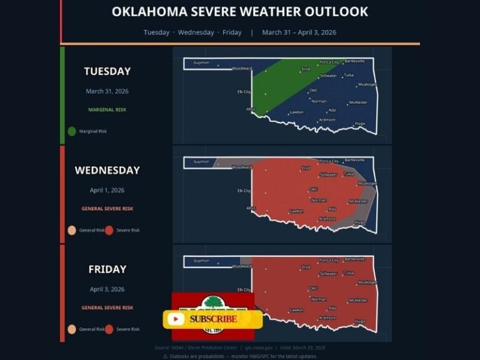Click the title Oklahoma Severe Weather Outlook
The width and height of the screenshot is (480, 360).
(239, 12)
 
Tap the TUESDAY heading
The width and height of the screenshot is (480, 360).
(107, 72)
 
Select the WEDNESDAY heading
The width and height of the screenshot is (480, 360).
(107, 170)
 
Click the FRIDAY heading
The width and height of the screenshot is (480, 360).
(107, 269)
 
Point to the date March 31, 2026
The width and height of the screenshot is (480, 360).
(107, 91)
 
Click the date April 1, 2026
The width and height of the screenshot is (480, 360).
(107, 190)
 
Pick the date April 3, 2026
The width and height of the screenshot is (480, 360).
(107, 289)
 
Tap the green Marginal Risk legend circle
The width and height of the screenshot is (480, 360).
(72, 131)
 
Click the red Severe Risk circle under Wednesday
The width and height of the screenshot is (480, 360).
(109, 230)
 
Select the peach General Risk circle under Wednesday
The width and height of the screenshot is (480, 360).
(72, 230)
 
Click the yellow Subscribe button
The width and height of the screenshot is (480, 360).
(212, 319)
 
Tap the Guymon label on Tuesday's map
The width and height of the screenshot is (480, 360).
(201, 62)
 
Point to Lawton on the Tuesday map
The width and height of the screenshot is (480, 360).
(296, 112)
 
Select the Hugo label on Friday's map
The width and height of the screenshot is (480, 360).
(360, 321)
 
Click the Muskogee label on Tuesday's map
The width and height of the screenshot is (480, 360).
(367, 84)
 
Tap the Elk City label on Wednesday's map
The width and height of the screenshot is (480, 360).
(243, 191)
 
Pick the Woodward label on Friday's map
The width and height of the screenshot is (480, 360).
(242, 266)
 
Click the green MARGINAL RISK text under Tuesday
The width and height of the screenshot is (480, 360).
(107, 109)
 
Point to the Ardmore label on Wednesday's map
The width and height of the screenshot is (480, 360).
(327, 219)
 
